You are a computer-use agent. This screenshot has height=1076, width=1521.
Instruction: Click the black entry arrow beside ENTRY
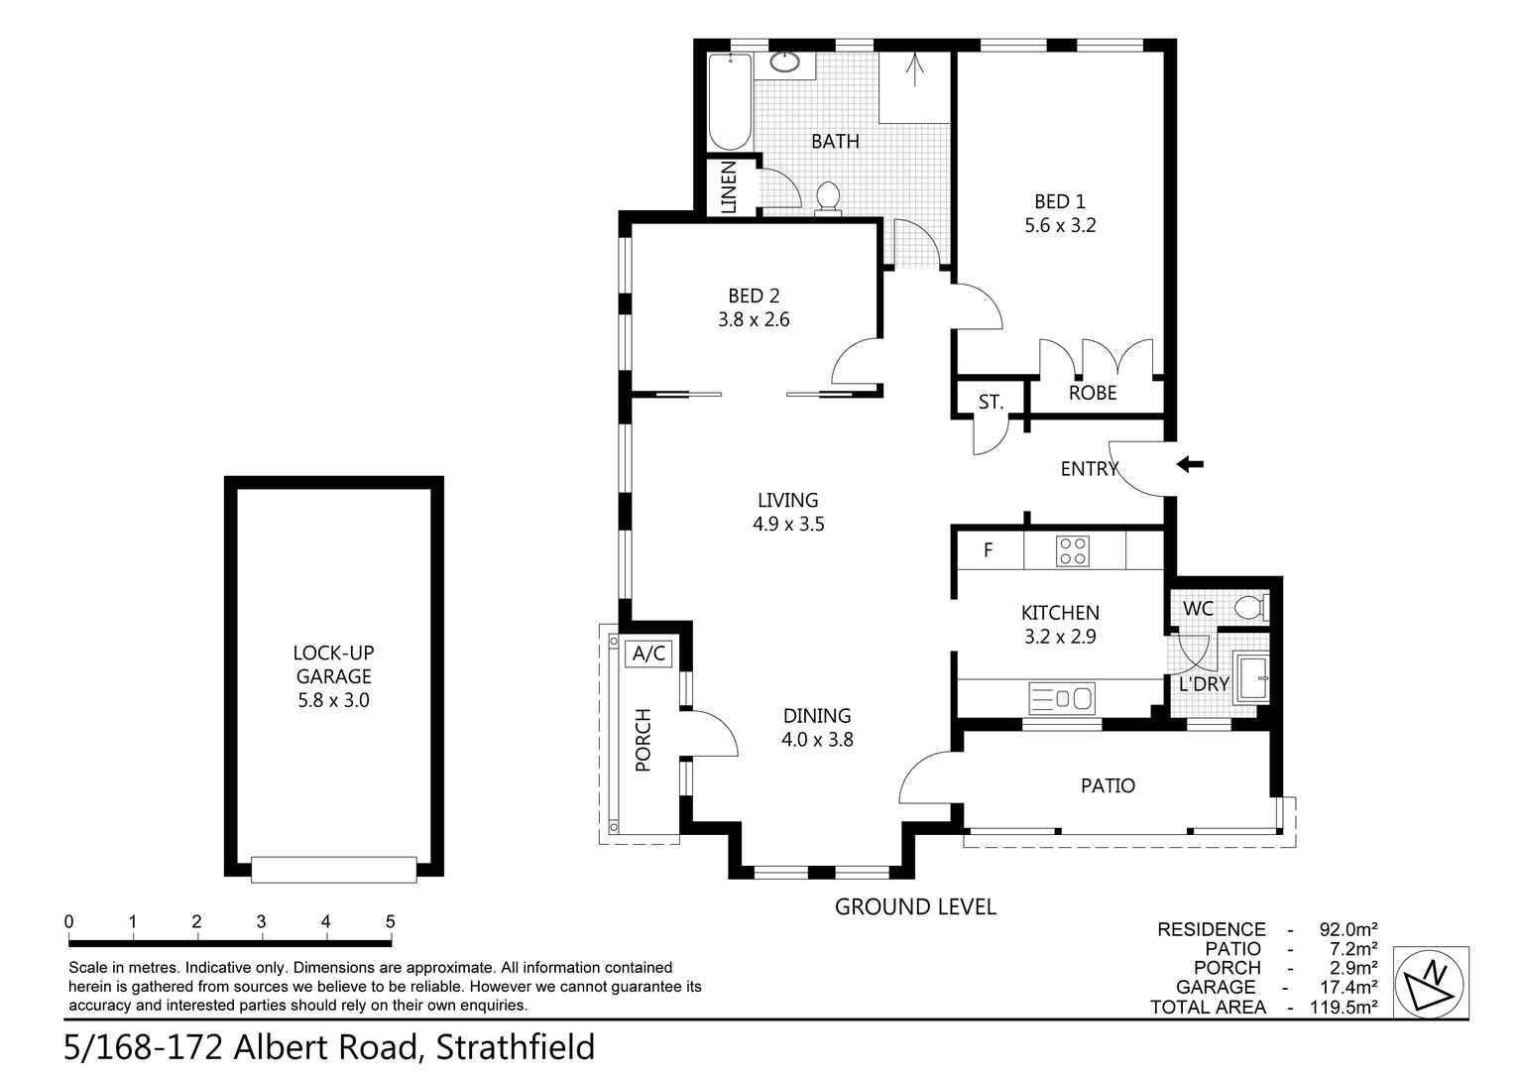tap(1190, 464)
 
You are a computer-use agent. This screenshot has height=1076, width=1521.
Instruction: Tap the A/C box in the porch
tap(650, 654)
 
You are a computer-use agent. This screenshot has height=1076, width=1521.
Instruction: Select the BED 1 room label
tap(1059, 202)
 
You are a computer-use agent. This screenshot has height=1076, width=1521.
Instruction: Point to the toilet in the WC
tap(1251, 607)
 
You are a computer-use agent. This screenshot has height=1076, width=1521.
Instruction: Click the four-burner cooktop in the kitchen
tap(1072, 550)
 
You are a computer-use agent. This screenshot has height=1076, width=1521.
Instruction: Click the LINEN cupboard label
tap(729, 187)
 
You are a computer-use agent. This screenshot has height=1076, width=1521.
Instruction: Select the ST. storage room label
tap(991, 403)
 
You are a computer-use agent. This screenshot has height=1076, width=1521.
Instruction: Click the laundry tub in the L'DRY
tap(1250, 678)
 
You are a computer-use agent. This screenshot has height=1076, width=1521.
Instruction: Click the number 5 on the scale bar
tap(390, 921)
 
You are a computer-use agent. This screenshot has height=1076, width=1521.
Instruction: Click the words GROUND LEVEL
tap(914, 906)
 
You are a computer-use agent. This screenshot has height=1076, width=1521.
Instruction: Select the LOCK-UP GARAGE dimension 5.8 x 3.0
tap(333, 700)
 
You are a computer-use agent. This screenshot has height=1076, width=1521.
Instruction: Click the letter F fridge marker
tap(988, 550)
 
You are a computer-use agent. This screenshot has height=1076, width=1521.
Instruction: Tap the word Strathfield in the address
tap(516, 1047)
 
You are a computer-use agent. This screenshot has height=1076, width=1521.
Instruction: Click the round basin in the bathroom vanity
tap(784, 63)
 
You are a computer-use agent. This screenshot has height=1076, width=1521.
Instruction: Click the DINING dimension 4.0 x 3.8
tap(817, 739)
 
